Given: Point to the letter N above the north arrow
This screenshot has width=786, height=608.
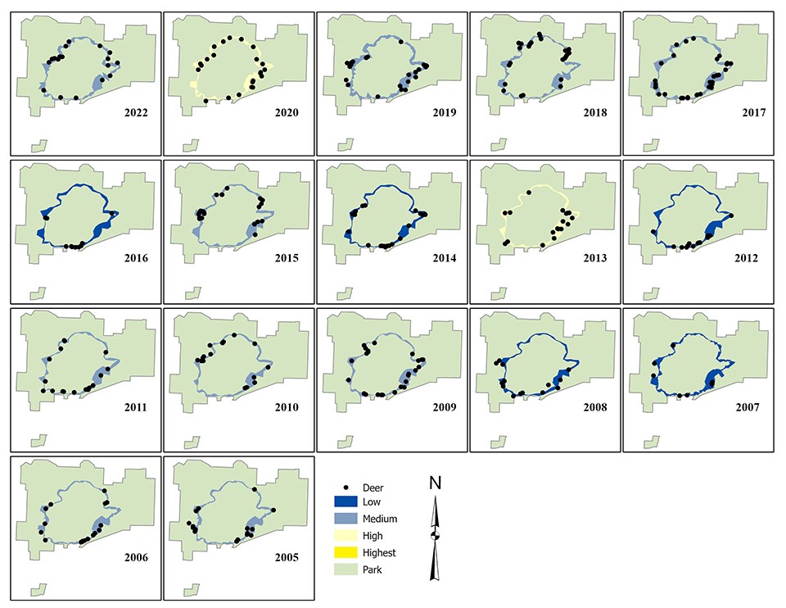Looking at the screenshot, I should click(435, 483).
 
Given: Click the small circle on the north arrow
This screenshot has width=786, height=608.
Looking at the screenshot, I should click(435, 536).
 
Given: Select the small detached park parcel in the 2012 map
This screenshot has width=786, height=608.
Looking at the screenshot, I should click(651, 293).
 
